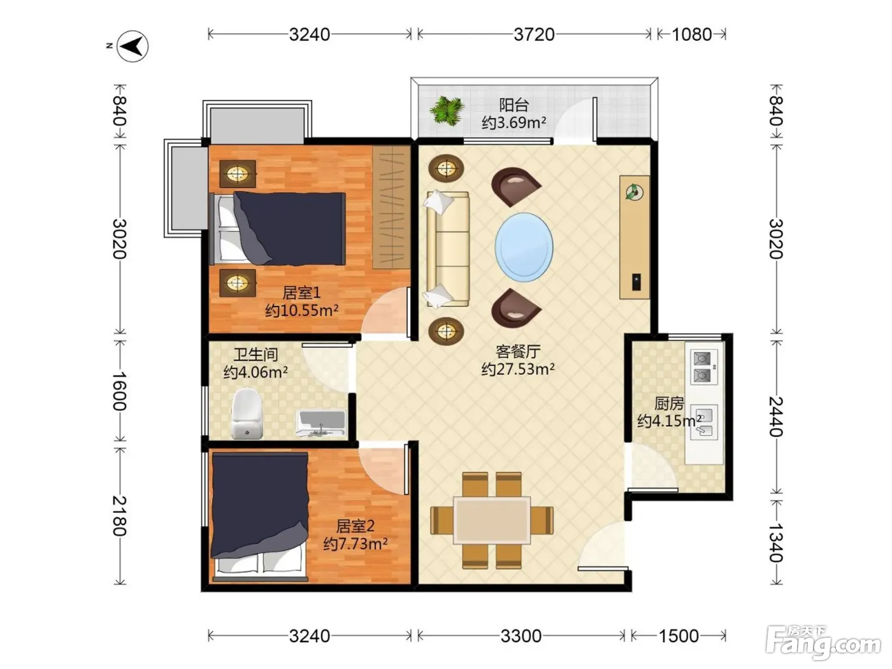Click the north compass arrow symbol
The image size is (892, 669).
[x=133, y=46]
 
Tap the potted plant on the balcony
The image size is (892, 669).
[x=447, y=110]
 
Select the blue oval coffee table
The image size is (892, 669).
[x=524, y=247]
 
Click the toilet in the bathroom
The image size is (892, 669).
[x=247, y=414]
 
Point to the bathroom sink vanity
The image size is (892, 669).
[x=321, y=424]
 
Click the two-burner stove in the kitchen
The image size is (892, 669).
[x=704, y=367]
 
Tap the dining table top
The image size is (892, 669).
[x=492, y=520]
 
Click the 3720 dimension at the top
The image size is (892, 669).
[x=534, y=34]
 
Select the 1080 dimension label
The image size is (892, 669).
[x=692, y=34]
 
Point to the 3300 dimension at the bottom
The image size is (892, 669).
[x=521, y=636]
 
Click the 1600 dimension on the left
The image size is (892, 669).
[x=119, y=391]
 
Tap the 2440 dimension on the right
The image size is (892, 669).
[x=776, y=416]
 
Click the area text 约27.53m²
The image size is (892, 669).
[x=518, y=370]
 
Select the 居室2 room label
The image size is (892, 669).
[x=355, y=526]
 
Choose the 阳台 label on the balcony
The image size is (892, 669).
[x=514, y=105]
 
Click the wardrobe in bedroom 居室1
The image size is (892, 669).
[x=391, y=207]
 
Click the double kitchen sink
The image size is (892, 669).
[x=704, y=422]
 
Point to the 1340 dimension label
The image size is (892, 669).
[x=776, y=542]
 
